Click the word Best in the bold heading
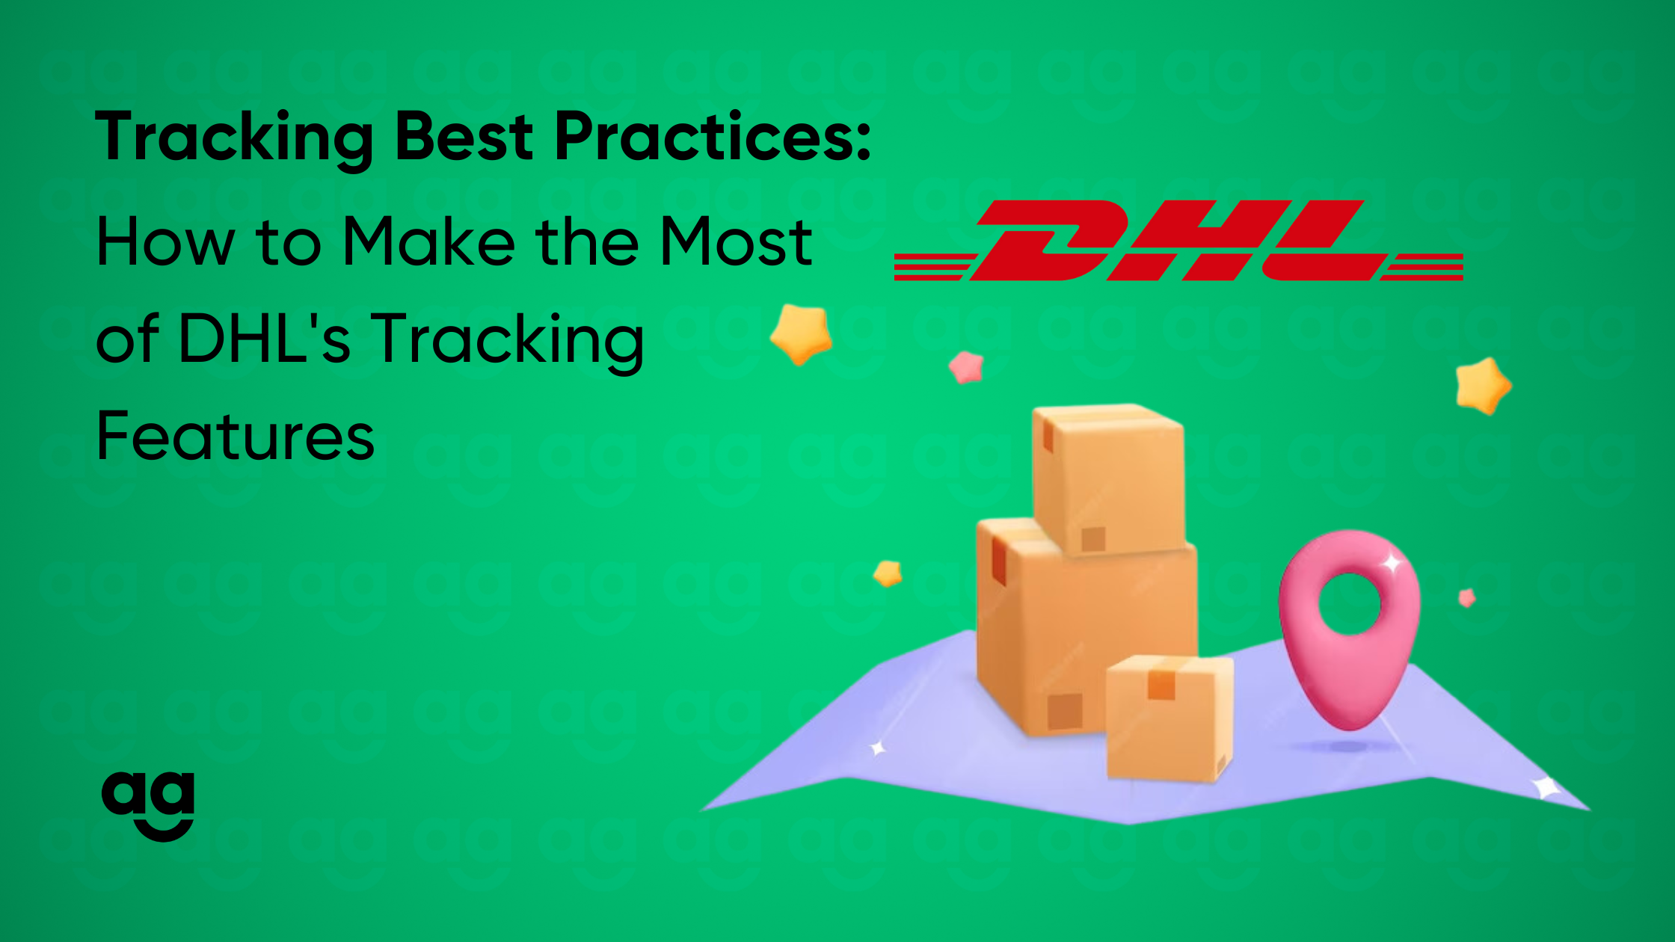(x=464, y=137)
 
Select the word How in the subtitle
(x=165, y=241)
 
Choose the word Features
(x=236, y=437)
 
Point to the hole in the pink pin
(x=1350, y=603)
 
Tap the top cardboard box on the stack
(x=1107, y=478)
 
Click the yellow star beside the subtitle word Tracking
(x=801, y=333)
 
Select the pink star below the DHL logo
(x=966, y=367)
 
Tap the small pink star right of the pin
(x=1467, y=597)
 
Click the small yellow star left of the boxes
(x=888, y=573)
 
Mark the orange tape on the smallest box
(x=1161, y=683)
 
